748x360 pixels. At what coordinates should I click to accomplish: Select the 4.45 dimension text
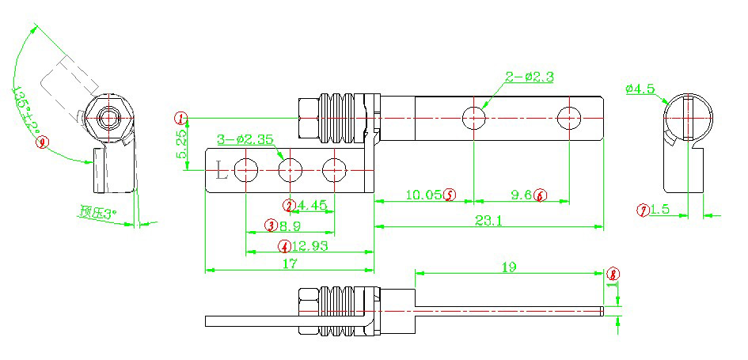pyautogui.click(x=311, y=206)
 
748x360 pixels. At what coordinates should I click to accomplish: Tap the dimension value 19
pyautogui.click(x=508, y=267)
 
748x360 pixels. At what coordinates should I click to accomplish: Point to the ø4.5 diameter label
pyautogui.click(x=640, y=89)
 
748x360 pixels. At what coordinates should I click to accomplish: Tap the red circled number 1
pyautogui.click(x=182, y=119)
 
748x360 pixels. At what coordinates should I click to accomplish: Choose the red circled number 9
pyautogui.click(x=43, y=143)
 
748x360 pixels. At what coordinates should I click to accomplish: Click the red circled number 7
pyautogui.click(x=644, y=210)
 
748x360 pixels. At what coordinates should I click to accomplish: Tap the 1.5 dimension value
pyautogui.click(x=661, y=210)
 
